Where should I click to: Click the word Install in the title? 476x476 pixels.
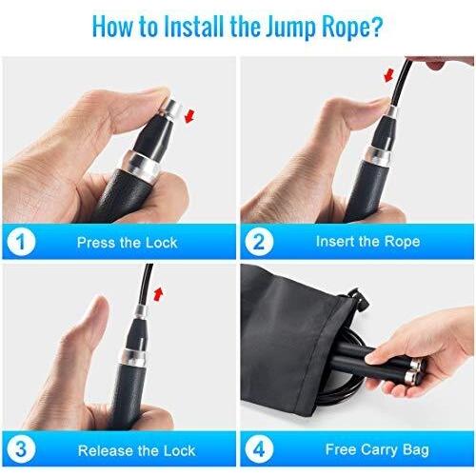click(194, 26)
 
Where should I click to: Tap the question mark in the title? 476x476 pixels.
click(377, 26)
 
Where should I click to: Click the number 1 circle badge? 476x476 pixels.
click(21, 242)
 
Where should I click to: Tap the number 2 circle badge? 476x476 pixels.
click(259, 242)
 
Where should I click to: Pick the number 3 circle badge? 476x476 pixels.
click(21, 449)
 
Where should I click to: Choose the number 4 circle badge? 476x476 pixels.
click(259, 449)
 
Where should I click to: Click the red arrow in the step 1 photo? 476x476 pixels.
click(189, 116)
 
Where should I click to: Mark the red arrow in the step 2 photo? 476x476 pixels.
click(388, 75)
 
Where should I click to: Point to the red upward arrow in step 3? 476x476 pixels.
click(158, 293)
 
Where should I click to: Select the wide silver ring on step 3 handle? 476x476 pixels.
click(132, 357)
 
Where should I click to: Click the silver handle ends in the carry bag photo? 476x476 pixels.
click(415, 370)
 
